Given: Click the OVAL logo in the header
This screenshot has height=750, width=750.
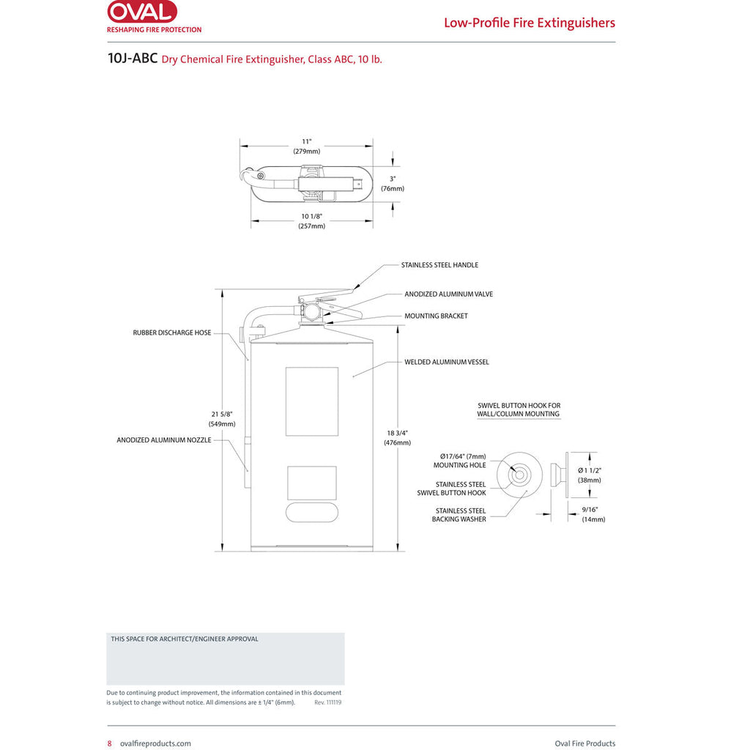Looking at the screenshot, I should coord(141,12).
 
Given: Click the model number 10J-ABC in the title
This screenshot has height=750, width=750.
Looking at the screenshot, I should coord(133,59).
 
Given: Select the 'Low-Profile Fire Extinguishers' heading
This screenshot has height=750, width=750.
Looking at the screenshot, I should coord(529,23).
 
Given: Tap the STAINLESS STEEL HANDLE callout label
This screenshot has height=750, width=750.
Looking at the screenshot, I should coord(439,265).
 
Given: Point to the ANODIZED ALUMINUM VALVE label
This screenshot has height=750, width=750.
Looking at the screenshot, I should coord(448,294).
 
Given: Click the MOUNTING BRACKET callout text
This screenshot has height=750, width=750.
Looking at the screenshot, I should coord(436,316).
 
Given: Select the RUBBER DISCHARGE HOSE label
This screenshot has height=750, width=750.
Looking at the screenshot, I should coord(171,333).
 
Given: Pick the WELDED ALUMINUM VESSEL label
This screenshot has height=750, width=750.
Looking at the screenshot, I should coord(446,362).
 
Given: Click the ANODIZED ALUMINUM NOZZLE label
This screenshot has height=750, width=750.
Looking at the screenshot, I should coord(163,440).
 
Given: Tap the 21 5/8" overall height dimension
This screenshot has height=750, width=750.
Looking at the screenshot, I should coord(222,419).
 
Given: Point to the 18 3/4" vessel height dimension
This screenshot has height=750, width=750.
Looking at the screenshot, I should coord(397,437).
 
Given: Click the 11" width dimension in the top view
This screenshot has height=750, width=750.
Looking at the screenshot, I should coord(307,146).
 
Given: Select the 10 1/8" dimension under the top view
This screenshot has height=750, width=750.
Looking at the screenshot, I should coord(311,221).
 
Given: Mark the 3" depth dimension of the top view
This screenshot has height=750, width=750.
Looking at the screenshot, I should coord(393,183).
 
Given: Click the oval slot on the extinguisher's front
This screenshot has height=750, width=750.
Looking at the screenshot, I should coord(312,512).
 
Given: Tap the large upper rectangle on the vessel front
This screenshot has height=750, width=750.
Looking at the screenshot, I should coord(312,401).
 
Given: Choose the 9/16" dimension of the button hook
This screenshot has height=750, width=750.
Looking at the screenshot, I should coord(593,514).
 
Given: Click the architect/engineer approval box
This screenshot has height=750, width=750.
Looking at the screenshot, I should coord(225,659).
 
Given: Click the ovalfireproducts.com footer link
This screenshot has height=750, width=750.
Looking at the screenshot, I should coord(155,743).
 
